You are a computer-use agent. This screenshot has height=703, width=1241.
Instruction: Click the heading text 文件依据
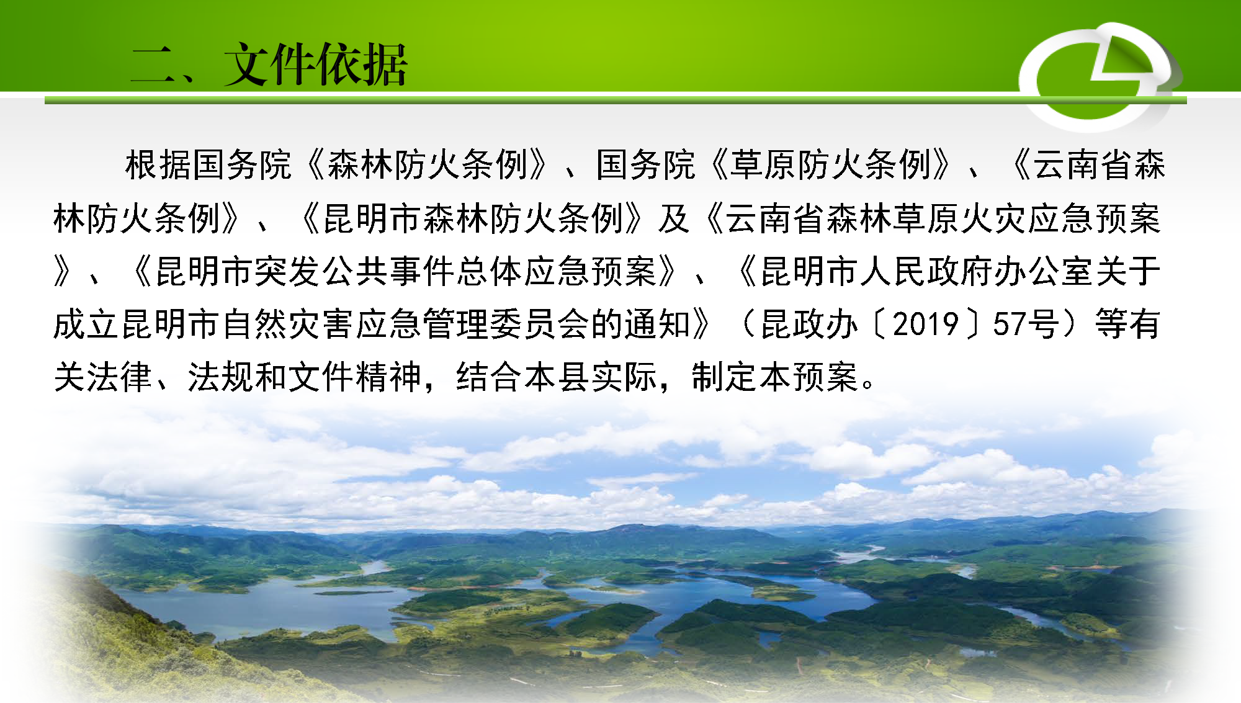coord(316,65)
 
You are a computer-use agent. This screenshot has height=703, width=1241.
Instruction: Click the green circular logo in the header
coord(1099,77)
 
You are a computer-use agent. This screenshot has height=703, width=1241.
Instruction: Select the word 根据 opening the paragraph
coord(158,165)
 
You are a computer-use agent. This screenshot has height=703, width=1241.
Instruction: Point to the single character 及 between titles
coord(674,218)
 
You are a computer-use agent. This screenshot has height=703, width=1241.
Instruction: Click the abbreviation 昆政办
coord(810,325)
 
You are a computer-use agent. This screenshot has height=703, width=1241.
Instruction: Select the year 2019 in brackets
coord(926,325)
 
